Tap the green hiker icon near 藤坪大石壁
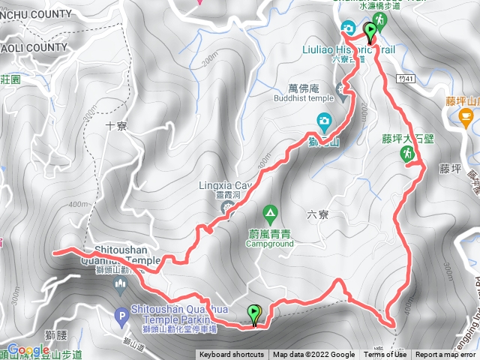pos(406,153)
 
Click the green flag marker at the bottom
pos(255,314)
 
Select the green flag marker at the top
pos(370,31)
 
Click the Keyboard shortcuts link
pos(232,355)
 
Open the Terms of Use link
pos(385,355)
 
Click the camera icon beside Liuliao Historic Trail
pos(349,28)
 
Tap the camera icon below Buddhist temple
pos(324,120)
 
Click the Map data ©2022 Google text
pos(313,355)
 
